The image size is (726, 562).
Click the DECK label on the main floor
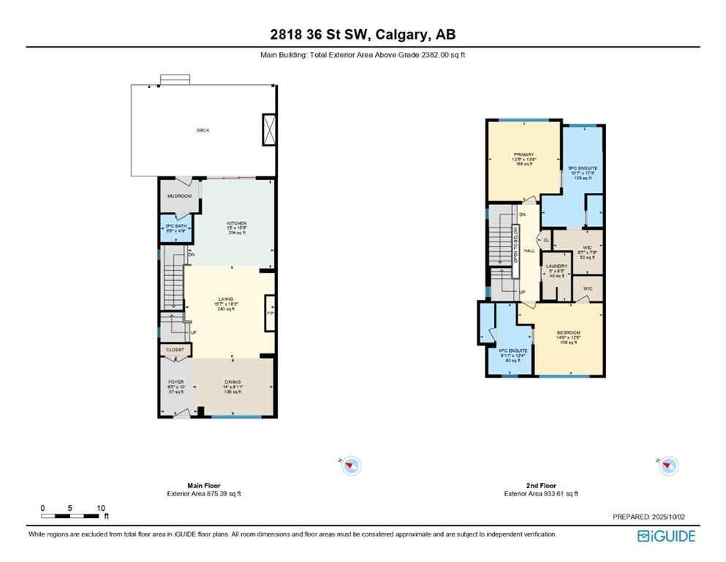click(203, 130)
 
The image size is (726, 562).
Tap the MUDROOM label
click(179, 196)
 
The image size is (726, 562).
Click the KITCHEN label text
click(236, 223)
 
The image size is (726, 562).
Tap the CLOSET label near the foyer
click(175, 350)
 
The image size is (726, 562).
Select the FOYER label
click(175, 382)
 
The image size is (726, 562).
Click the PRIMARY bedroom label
click(523, 154)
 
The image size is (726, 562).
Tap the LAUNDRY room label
click(556, 266)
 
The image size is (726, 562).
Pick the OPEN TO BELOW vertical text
click(515, 244)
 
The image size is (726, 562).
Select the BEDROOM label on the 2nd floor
click(568, 332)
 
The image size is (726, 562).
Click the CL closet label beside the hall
click(545, 239)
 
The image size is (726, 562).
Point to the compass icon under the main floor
click(352, 465)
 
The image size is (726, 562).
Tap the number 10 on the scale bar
click(101, 508)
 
